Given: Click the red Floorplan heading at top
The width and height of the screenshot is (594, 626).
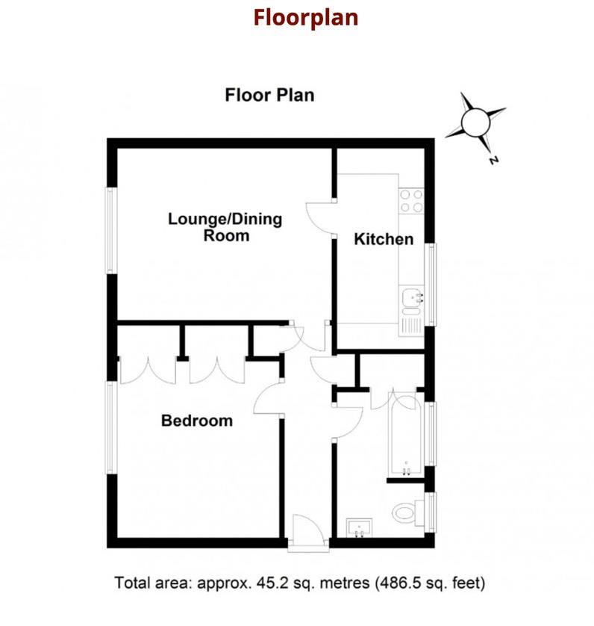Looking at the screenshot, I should click(305, 17).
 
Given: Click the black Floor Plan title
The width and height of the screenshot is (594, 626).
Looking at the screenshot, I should click(269, 96).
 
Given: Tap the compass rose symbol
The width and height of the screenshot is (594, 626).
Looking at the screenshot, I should click(475, 121).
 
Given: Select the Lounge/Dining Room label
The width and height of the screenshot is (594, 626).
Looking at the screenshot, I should click(225, 228).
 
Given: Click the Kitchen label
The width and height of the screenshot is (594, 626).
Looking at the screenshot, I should click(383, 240).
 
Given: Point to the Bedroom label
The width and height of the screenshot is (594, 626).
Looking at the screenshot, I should click(197, 421).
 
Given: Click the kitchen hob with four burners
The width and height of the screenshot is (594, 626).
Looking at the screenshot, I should click(411, 202).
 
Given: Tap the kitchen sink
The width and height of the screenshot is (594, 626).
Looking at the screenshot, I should click(411, 300).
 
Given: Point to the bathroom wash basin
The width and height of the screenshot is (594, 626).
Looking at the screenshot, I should click(361, 527).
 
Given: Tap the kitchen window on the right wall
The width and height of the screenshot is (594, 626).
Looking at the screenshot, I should click(431, 285).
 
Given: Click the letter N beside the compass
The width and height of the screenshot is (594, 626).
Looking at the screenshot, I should click(493, 159).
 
